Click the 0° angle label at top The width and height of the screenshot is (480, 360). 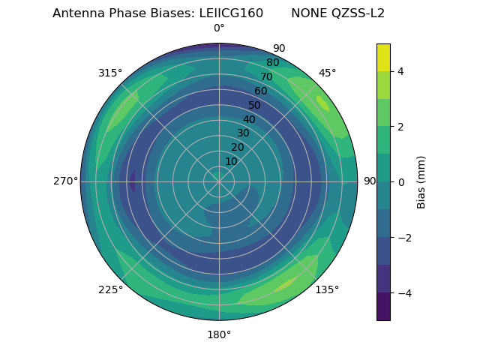[219, 28]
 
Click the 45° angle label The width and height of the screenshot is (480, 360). [327, 73]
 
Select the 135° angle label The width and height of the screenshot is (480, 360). [327, 289]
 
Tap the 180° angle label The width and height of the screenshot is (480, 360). [219, 334]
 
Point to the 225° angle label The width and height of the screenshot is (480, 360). [110, 289]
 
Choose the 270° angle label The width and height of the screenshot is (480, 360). [65, 181]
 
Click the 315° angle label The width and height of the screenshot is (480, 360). [110, 73]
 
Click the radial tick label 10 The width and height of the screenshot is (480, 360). [231, 161]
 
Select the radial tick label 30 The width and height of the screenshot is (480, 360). [243, 133]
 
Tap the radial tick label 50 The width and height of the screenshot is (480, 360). [254, 106]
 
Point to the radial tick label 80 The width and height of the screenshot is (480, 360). [272, 63]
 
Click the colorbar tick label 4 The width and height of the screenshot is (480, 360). [400, 71]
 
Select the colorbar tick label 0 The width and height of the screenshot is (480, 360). [400, 182]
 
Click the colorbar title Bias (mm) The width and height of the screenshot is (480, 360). [421, 181]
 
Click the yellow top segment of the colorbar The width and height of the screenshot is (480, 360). [383, 57]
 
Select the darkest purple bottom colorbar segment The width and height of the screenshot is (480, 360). [383, 307]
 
